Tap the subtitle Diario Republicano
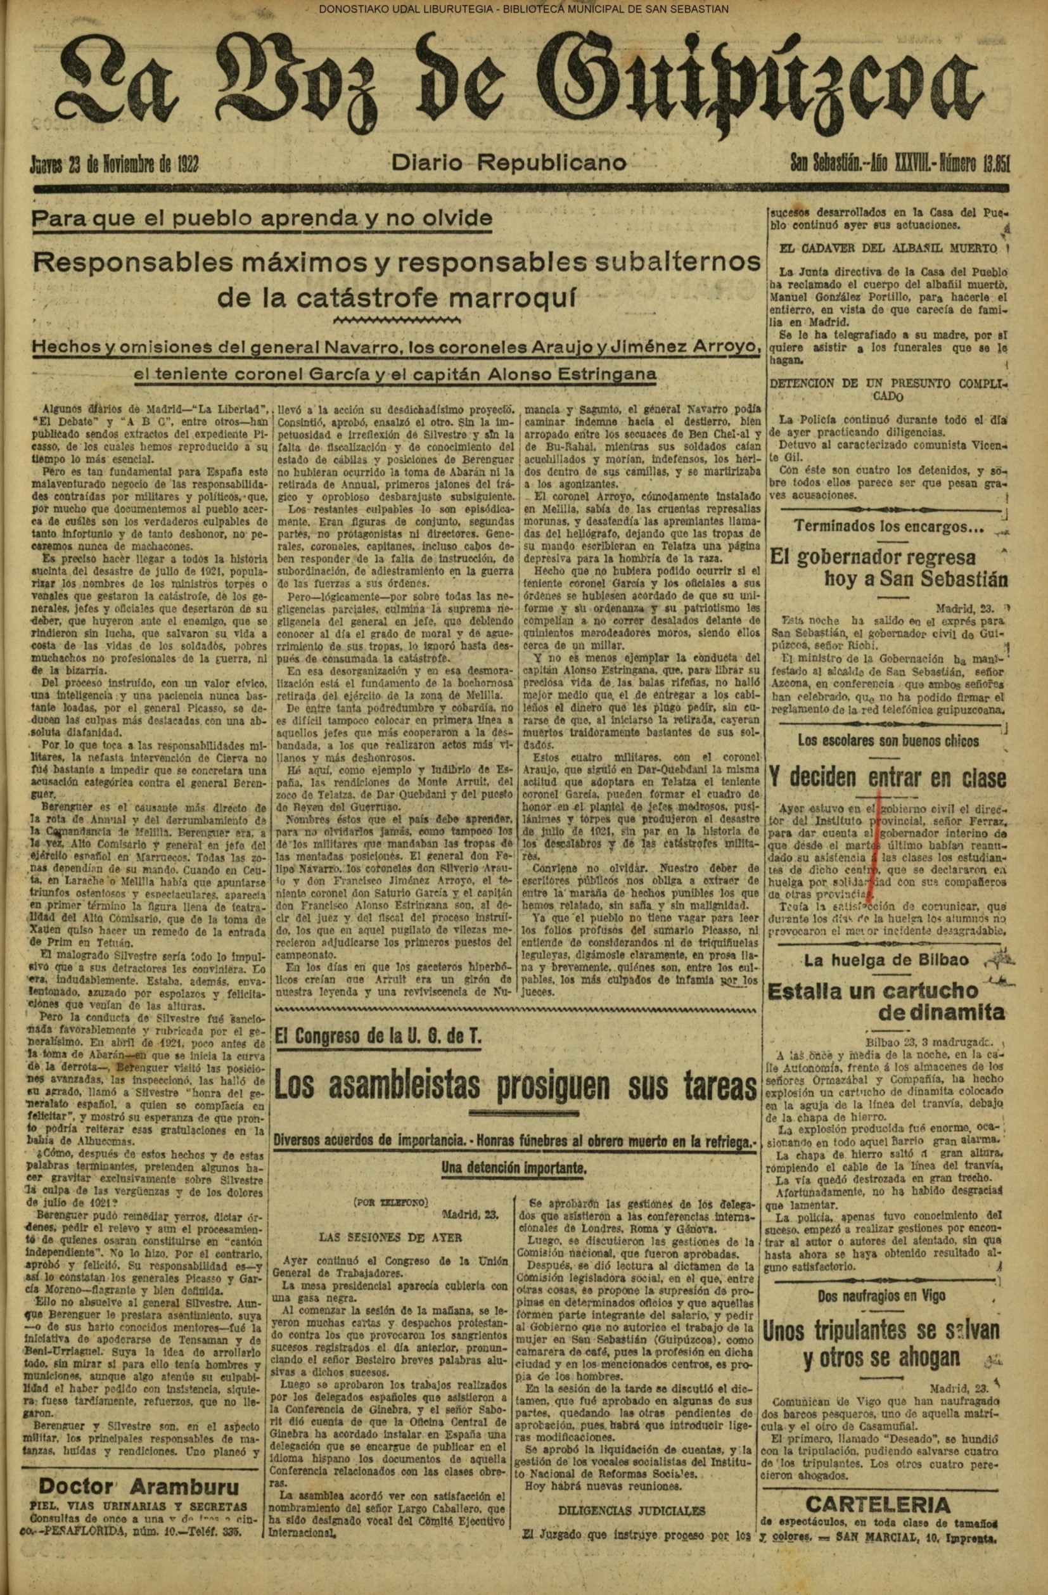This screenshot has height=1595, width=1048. [509, 162]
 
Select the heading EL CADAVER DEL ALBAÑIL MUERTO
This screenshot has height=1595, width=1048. [887, 248]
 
